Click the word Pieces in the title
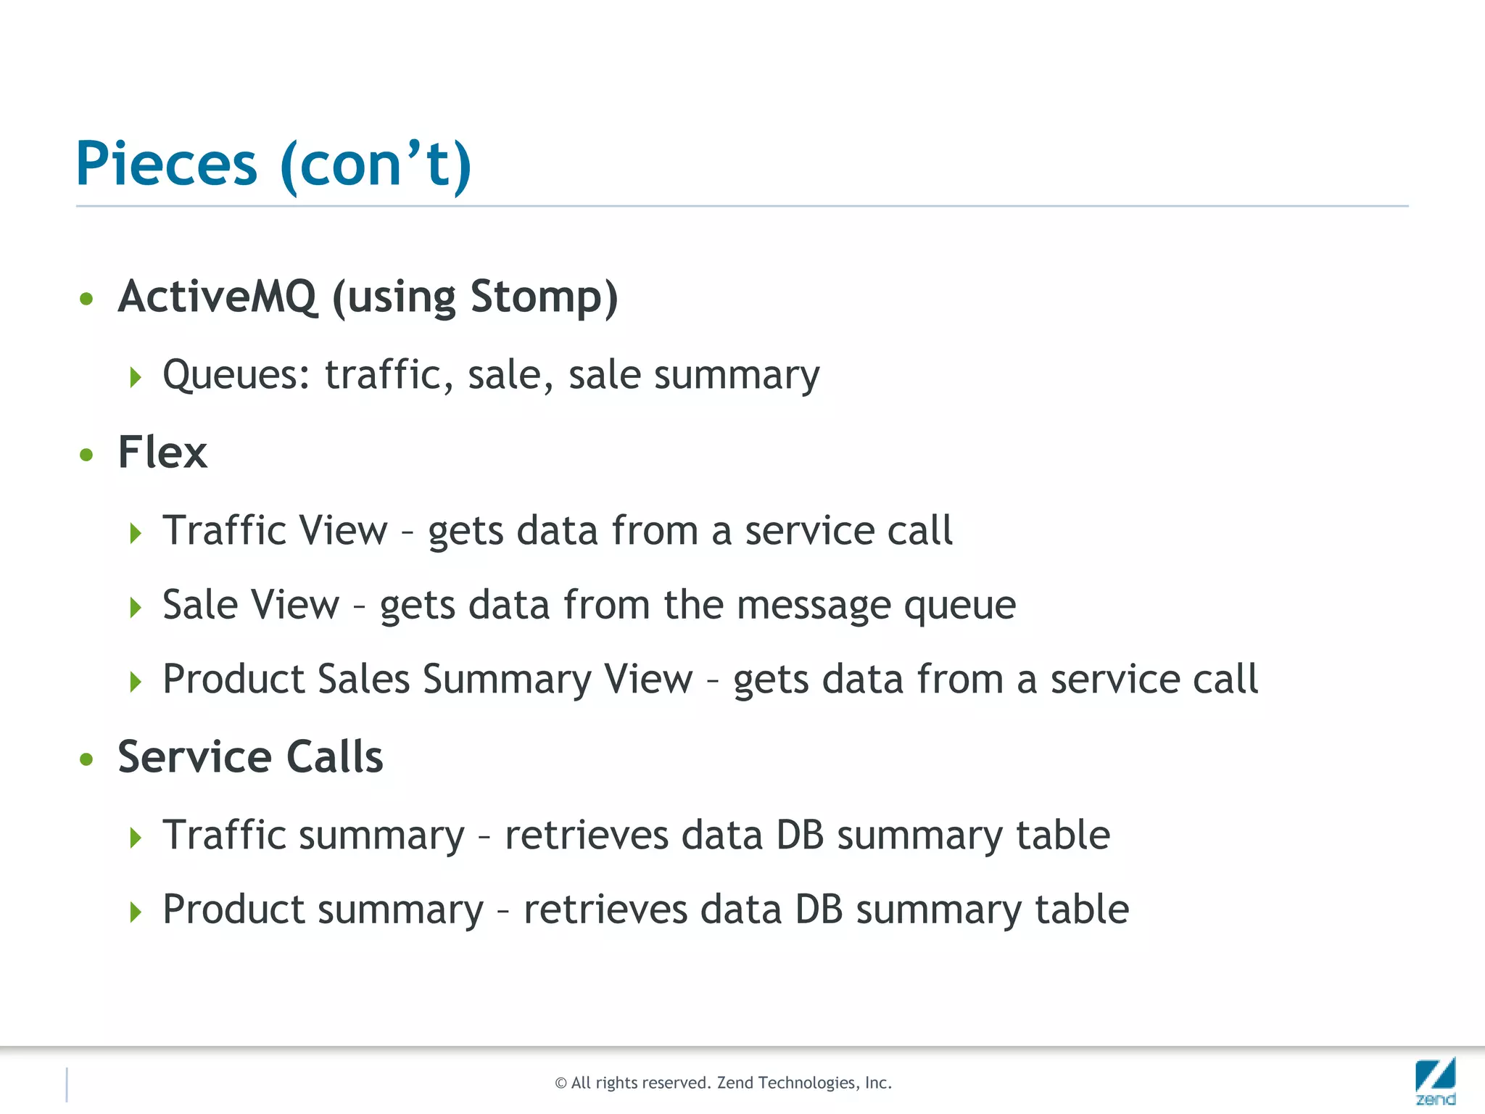pos(166,164)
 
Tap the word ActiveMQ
pos(218,297)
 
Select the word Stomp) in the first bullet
pos(544,297)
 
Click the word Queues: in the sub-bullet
pos(236,376)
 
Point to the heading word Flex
pos(162,453)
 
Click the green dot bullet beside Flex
pos(87,455)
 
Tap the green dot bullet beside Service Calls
pos(87,759)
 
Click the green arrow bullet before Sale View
pos(136,608)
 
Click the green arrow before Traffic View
pos(136,534)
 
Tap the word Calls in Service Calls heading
pos(334,757)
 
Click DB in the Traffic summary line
pos(800,835)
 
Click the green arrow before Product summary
pos(136,912)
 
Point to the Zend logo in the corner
pos(1435,1081)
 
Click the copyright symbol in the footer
pos(561,1084)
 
